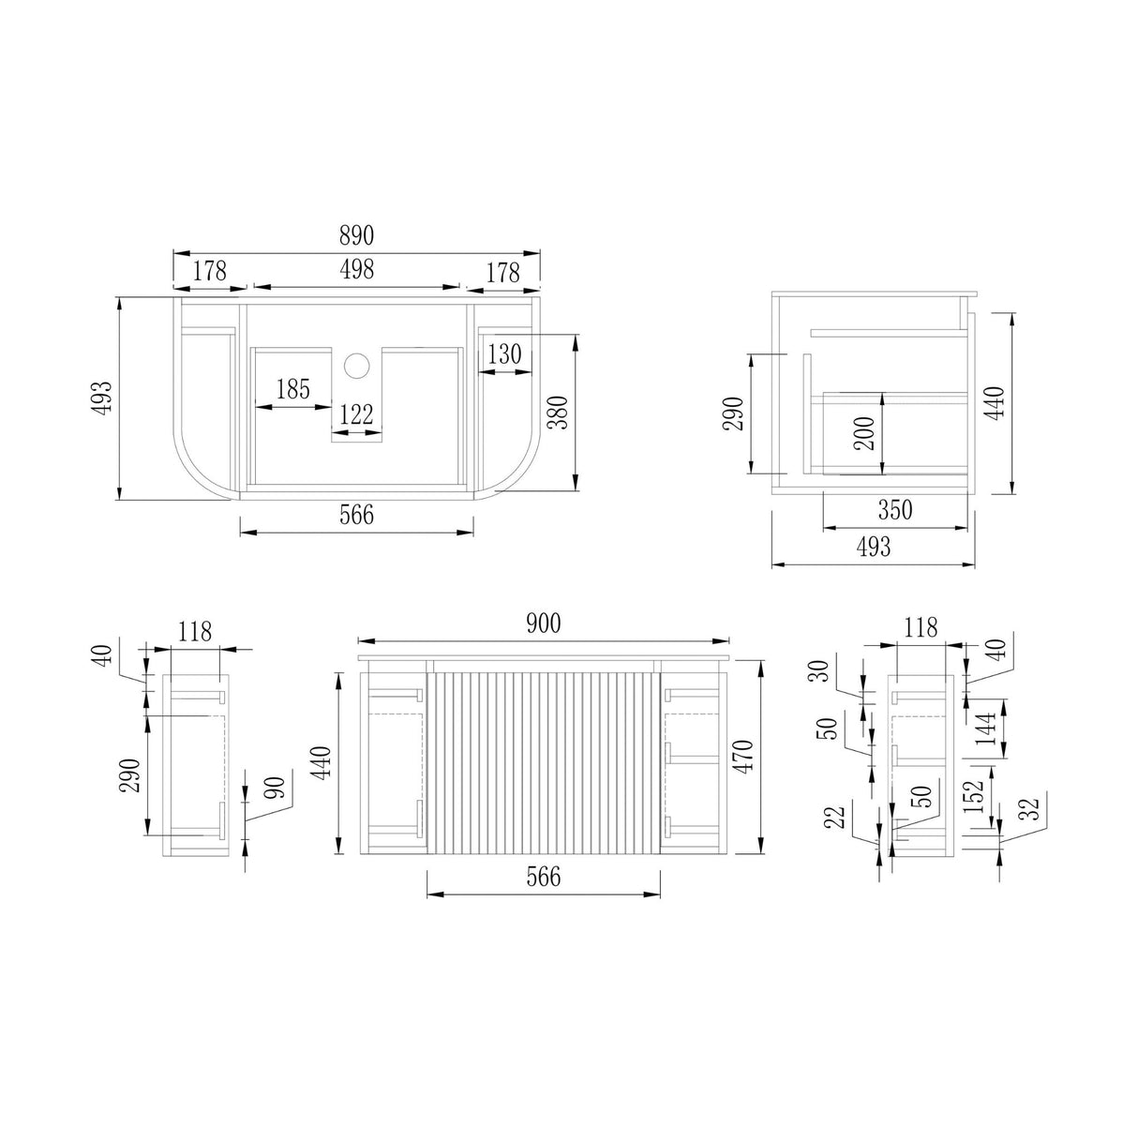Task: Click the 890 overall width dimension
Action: point(356,235)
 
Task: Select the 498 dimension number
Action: point(357,269)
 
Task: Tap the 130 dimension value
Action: point(504,354)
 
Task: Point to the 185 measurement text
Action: point(292,389)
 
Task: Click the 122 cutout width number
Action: point(356,414)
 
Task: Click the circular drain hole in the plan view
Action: point(356,366)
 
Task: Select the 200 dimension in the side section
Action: point(864,433)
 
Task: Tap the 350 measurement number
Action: point(894,510)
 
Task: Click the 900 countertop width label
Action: point(543,624)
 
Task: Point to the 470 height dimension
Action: point(743,756)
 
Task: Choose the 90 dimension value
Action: point(277,788)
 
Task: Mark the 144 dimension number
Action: point(986,729)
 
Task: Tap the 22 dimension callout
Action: point(837,818)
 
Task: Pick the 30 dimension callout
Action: point(821,670)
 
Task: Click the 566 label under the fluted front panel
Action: point(543,877)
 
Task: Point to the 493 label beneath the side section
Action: point(873,548)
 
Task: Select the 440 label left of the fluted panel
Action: point(321,763)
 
